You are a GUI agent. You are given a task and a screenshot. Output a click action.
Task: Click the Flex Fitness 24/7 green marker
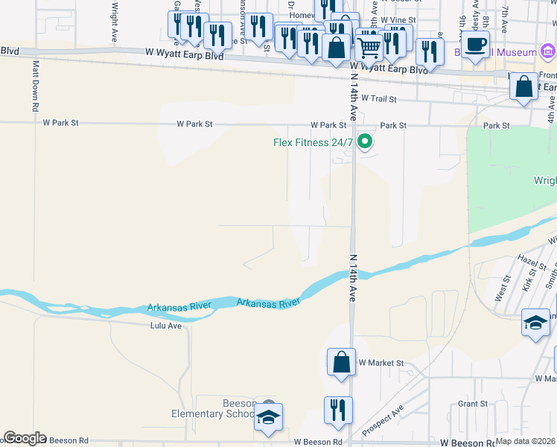[x=365, y=141]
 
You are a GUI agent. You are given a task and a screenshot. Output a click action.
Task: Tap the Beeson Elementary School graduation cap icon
[x=269, y=418]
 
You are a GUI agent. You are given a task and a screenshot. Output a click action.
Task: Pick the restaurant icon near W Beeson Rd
[x=338, y=410]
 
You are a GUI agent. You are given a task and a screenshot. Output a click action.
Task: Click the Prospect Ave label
[x=383, y=421]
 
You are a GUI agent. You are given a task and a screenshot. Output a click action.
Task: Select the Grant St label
[x=472, y=404]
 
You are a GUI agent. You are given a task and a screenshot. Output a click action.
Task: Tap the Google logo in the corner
[x=25, y=438]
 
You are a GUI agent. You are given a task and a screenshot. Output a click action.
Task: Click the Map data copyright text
[x=526, y=441]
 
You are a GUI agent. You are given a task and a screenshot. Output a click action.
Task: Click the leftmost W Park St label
[x=60, y=123]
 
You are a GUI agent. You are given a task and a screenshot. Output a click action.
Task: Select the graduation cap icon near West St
[x=535, y=323]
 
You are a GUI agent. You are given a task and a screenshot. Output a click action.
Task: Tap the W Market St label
[x=381, y=363]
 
